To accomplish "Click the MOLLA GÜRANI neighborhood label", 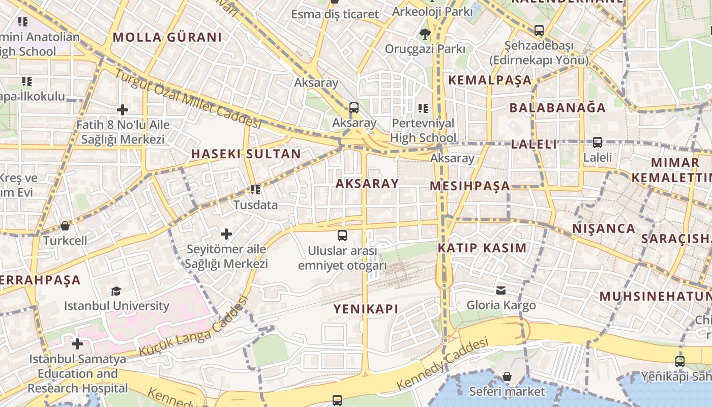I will (x=167, y=37).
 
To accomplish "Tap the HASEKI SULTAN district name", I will (x=246, y=154).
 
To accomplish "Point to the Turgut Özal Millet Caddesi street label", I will (x=187, y=98).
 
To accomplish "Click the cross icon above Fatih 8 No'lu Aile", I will (x=123, y=109).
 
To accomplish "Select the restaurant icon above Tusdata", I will (x=255, y=190).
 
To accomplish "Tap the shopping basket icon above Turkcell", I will (x=65, y=225).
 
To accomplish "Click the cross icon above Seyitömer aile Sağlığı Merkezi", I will (x=226, y=234).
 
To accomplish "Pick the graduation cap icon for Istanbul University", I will (x=116, y=291).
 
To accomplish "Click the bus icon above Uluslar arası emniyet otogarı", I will (x=342, y=236).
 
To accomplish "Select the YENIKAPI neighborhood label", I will (x=366, y=309).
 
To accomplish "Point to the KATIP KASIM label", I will (x=482, y=248).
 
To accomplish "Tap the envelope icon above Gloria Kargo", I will (x=501, y=290).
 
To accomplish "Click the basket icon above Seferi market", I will (x=507, y=376).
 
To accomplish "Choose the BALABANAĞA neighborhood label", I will (x=557, y=108).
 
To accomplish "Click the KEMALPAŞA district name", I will (x=490, y=80).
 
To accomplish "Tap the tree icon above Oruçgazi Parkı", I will (x=425, y=34).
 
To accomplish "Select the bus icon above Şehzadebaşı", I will (x=539, y=31).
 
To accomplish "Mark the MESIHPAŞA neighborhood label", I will (x=470, y=186).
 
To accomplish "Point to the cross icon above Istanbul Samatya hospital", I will (x=77, y=344).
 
